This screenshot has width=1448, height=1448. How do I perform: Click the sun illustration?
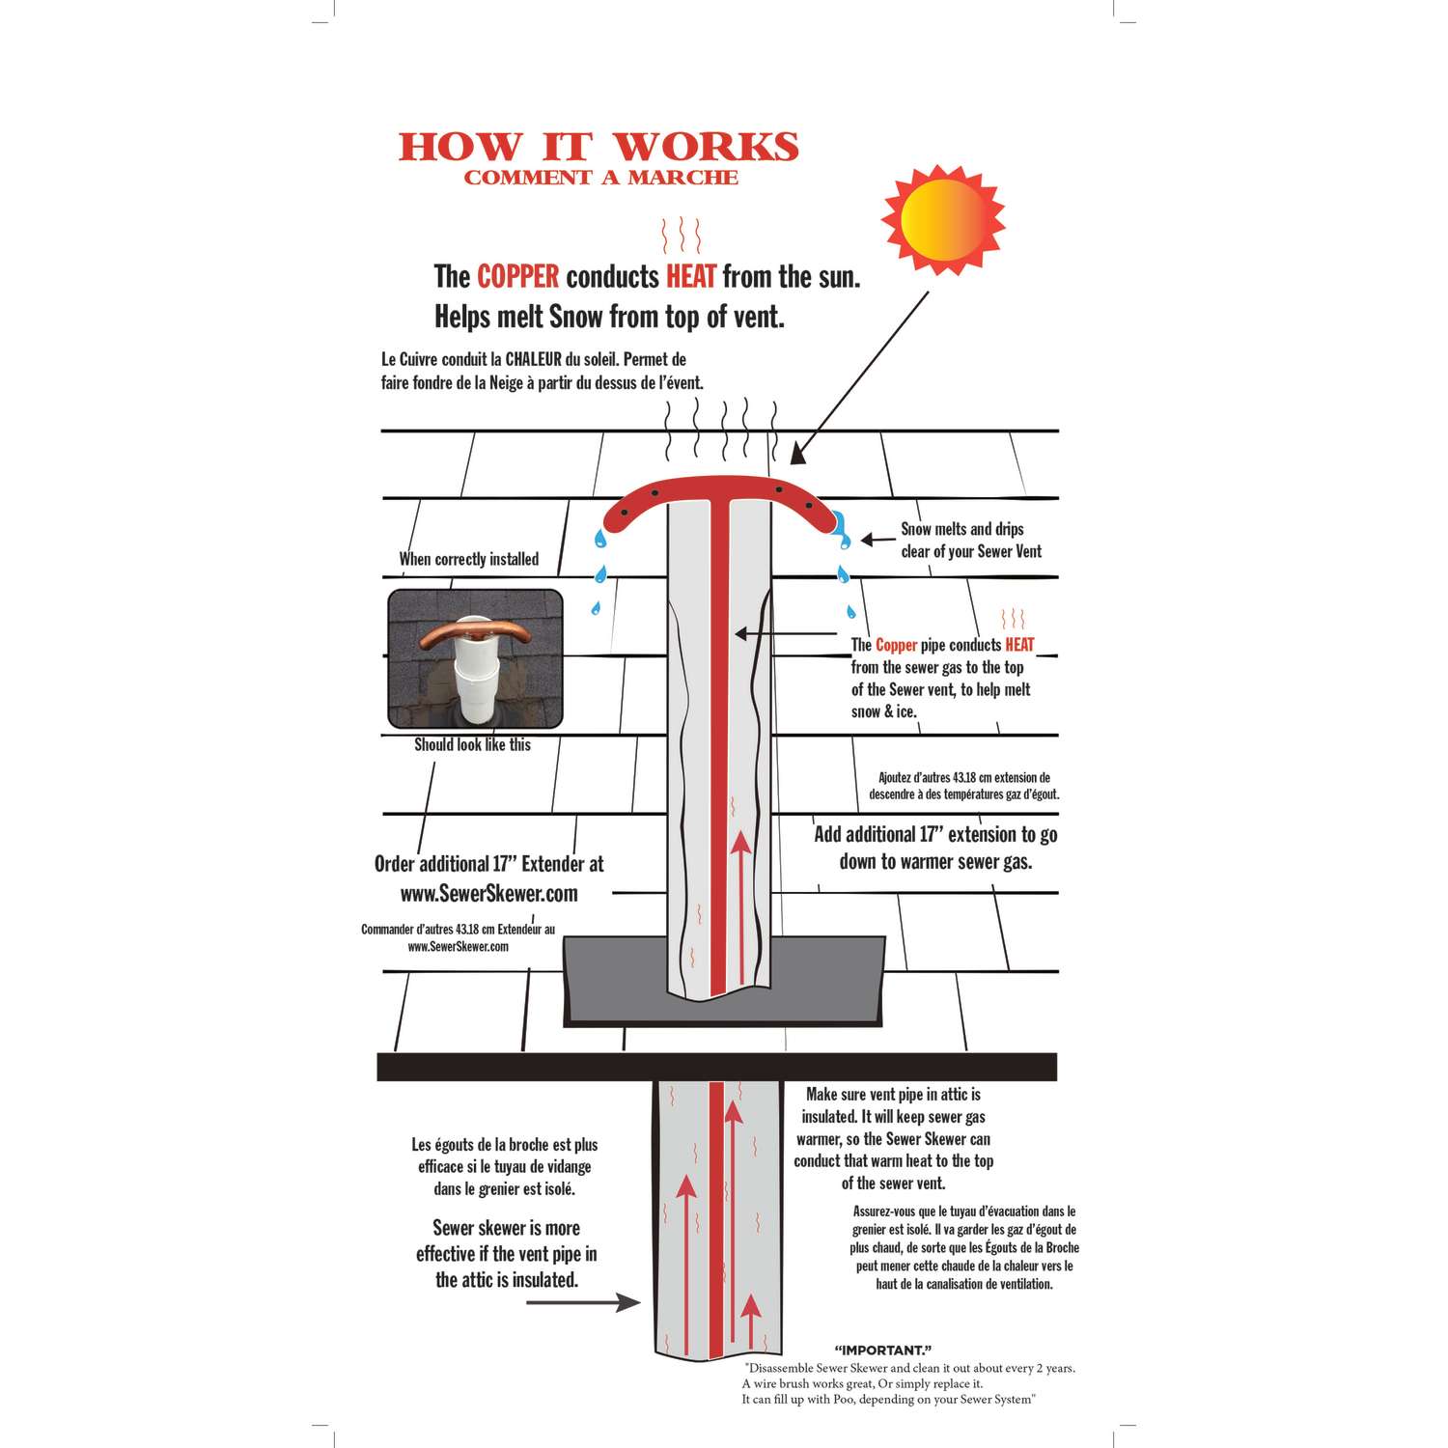[x=943, y=220]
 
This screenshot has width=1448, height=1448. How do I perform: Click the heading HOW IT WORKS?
[x=599, y=147]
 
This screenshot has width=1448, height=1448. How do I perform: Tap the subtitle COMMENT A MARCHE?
[x=600, y=178]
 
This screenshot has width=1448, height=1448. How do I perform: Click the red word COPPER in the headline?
[x=517, y=277]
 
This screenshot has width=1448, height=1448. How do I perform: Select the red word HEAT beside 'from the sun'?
[x=691, y=277]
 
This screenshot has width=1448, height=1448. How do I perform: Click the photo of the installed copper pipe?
[x=475, y=658]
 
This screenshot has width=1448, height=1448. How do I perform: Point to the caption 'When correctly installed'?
[x=469, y=559]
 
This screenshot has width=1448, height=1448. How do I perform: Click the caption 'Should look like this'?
[x=472, y=744]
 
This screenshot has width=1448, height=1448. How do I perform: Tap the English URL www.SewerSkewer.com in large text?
[x=489, y=894]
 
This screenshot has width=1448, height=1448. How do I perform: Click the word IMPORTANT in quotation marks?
[x=882, y=1351]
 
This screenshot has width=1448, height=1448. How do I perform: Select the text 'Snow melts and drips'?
[x=962, y=529]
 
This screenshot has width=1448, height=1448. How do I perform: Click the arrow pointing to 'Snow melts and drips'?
[x=878, y=540]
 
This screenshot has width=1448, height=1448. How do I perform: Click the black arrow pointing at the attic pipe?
[x=583, y=1302]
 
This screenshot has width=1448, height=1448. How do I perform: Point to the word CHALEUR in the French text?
[x=534, y=359]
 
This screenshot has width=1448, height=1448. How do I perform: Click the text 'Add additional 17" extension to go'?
[x=935, y=835]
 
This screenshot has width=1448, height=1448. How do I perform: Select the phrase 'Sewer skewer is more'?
[x=506, y=1228]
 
